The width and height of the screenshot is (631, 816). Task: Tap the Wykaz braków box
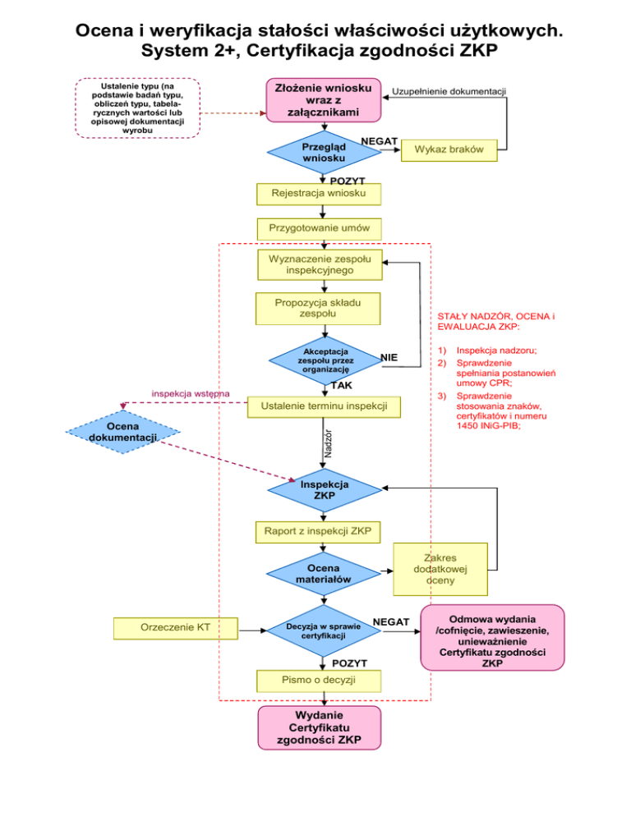coord(449,149)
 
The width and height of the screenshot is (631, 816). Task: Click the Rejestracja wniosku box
coord(320,195)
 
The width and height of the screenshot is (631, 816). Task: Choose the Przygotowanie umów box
coord(320,227)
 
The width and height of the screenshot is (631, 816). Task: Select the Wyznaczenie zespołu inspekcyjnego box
coord(320,264)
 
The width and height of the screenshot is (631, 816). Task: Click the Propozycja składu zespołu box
coord(320,307)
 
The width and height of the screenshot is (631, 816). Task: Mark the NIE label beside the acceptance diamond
coord(389,357)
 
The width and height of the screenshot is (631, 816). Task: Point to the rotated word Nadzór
coord(327,443)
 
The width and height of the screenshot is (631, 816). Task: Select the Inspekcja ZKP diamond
coord(324,490)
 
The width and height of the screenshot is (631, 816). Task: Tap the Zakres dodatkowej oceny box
coord(440,568)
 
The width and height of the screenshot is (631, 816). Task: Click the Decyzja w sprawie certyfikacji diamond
coord(321,630)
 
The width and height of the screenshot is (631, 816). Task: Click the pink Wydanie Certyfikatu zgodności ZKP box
coord(320,727)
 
